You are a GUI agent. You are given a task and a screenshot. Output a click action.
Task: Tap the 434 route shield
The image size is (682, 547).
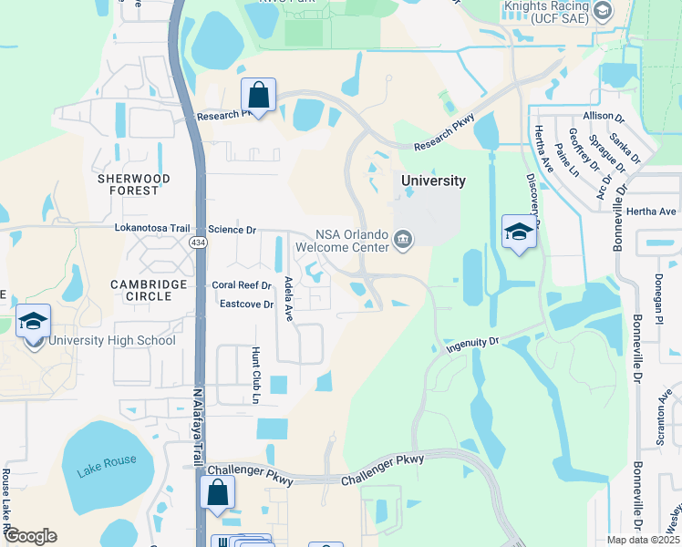pos(197,243)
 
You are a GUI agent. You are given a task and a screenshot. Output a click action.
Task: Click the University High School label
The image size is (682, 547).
pos(111,341)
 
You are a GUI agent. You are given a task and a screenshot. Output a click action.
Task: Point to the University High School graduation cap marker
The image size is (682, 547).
pos(33,323)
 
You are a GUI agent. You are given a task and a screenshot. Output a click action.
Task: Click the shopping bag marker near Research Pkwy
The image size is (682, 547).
pos(259,95)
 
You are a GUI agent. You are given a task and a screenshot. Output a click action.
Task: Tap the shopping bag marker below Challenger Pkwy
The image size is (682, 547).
pos(218,493)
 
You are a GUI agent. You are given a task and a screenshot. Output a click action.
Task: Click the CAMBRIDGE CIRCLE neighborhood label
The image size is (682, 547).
pos(150,291)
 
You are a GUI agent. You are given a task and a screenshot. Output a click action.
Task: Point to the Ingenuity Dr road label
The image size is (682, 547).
pos(473,344)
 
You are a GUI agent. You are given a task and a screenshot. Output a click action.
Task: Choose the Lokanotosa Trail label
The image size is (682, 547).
pos(151,228)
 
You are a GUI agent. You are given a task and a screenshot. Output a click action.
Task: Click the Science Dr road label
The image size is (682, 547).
pos(232,230)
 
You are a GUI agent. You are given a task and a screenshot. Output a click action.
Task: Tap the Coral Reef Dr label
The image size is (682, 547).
pos(242,284)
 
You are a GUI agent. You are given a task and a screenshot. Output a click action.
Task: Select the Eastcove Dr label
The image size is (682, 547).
pos(246,304)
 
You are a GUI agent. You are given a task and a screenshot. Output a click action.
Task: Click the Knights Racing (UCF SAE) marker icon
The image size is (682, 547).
pos(602,11)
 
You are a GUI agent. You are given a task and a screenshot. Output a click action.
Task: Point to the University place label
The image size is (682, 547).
pos(433,181)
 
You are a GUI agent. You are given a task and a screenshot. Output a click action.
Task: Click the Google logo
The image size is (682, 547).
pos(29,536)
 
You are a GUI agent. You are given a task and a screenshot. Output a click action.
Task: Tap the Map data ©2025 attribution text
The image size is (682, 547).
pos(642,540)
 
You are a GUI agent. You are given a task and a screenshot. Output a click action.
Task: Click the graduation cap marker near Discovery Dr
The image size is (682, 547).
pos(518,232)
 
